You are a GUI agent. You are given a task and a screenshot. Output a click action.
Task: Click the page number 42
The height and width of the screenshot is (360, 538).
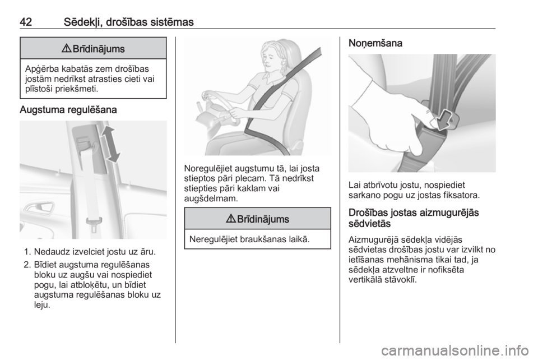click(26, 22)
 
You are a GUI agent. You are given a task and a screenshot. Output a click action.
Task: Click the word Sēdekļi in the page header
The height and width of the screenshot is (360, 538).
click(83, 22)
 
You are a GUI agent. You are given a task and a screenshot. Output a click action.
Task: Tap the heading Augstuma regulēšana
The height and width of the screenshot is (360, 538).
click(68, 110)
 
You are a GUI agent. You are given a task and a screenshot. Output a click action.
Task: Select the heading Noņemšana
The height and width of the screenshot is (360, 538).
click(375, 44)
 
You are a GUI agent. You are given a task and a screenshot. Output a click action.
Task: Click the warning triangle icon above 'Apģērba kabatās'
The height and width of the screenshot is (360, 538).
click(66, 49)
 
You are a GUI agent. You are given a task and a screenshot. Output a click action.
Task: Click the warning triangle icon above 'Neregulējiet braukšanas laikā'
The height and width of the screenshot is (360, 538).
click(230, 219)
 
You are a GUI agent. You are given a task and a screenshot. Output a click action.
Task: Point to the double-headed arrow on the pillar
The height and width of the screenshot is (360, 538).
click(110, 144)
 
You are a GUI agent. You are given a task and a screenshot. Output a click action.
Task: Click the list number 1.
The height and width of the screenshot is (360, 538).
click(28, 252)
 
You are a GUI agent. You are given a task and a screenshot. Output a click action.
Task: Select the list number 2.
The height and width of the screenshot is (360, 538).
click(28, 265)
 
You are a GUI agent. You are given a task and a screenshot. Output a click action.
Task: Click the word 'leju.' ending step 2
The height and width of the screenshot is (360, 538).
click(42, 304)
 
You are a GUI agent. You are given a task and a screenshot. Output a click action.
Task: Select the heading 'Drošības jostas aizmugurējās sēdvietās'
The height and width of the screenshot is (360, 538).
click(414, 218)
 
